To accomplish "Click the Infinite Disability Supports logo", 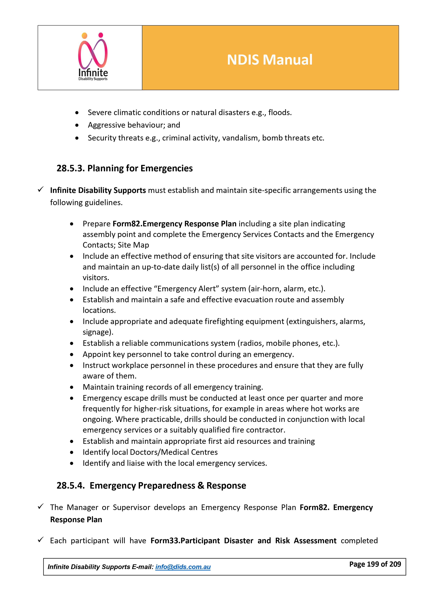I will (x=93, y=57).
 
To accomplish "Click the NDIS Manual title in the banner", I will (x=269, y=60).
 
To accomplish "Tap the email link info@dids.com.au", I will (x=183, y=567).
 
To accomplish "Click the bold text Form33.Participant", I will (x=185, y=541).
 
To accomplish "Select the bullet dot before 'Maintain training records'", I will (x=72, y=387).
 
